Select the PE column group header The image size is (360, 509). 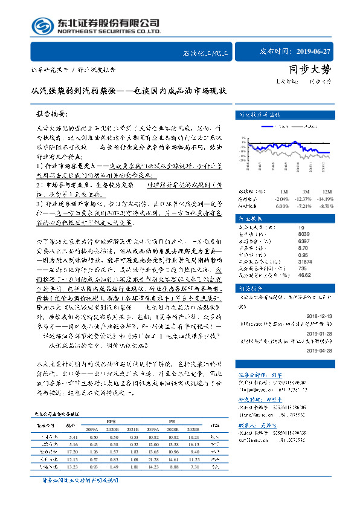click(x=172, y=420)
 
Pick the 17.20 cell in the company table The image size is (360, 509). click(x=74, y=452)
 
